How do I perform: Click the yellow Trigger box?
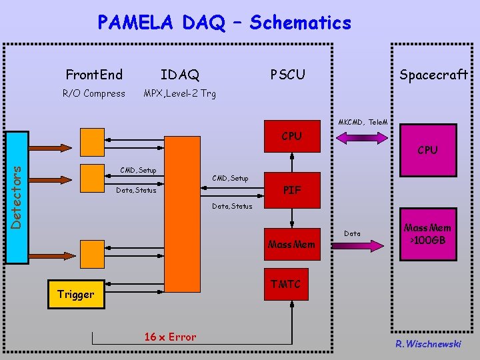[76, 294]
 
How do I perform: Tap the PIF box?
[291, 190]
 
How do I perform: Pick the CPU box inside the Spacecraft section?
[427, 150]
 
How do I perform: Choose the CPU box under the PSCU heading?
[291, 136]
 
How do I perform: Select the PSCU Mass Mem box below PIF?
[291, 244]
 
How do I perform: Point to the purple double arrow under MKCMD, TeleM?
[361, 138]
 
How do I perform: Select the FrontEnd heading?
[94, 74]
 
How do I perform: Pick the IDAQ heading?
[180, 75]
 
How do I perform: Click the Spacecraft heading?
[433, 75]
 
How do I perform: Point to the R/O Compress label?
[94, 93]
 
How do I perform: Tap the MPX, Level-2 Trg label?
[180, 93]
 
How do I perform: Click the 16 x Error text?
[170, 337]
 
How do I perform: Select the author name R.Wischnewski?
[427, 344]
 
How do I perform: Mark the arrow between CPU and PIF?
[291, 164]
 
